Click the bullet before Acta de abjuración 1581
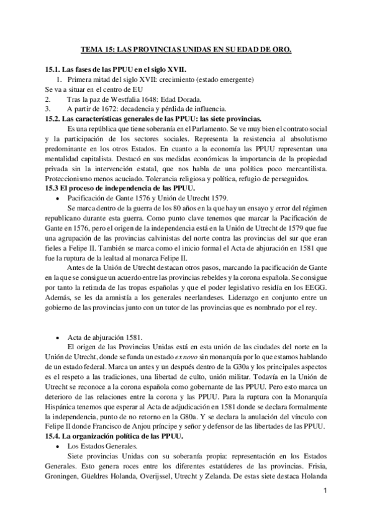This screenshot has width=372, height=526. [x=59, y=336]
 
